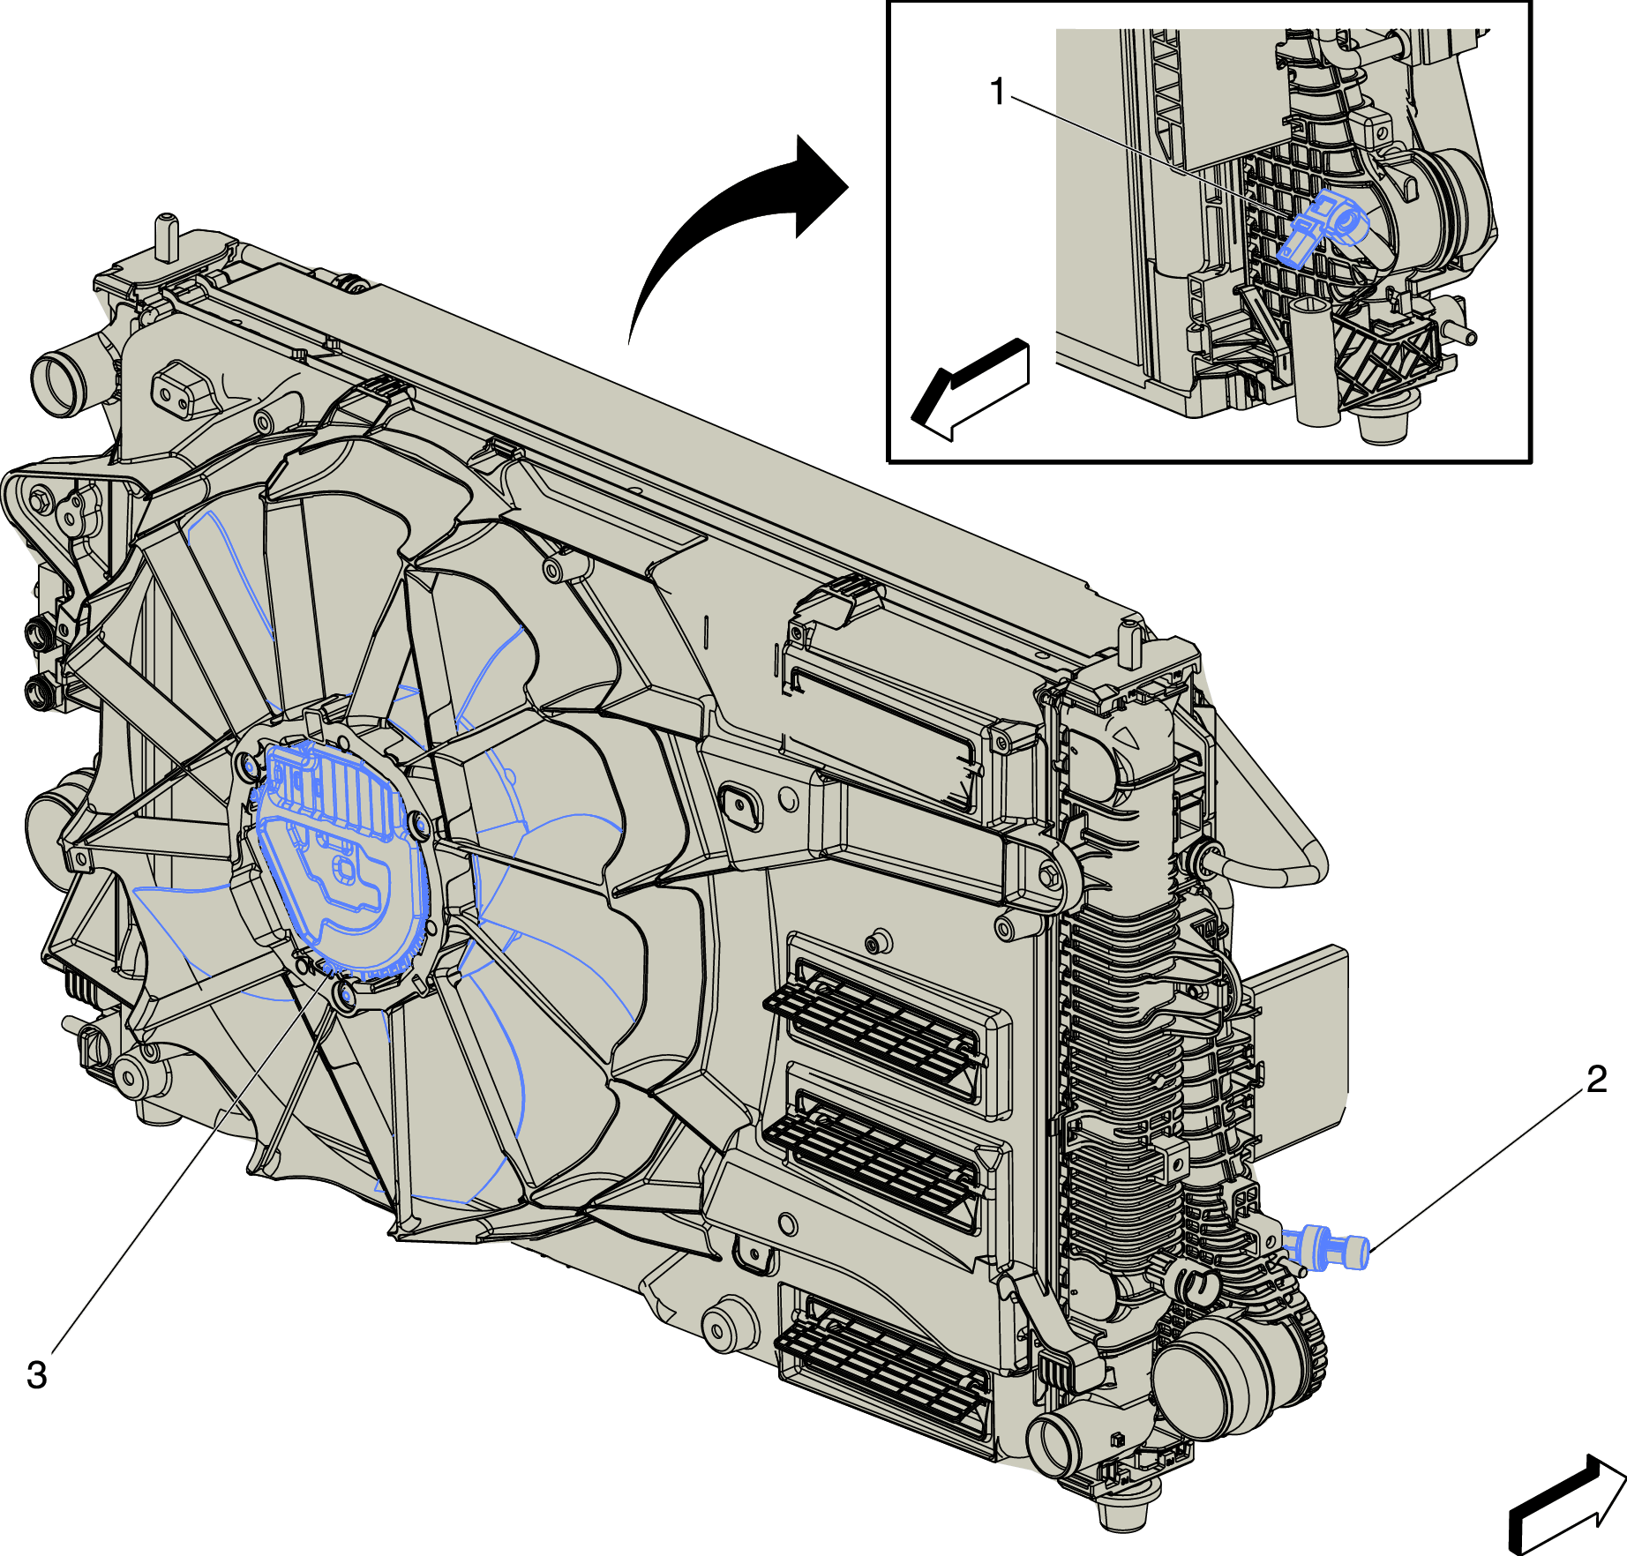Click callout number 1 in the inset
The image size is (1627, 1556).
point(998,92)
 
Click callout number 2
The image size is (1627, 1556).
point(1596,1079)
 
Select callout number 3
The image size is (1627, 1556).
point(37,1374)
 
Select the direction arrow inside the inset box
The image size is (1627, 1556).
point(971,389)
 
